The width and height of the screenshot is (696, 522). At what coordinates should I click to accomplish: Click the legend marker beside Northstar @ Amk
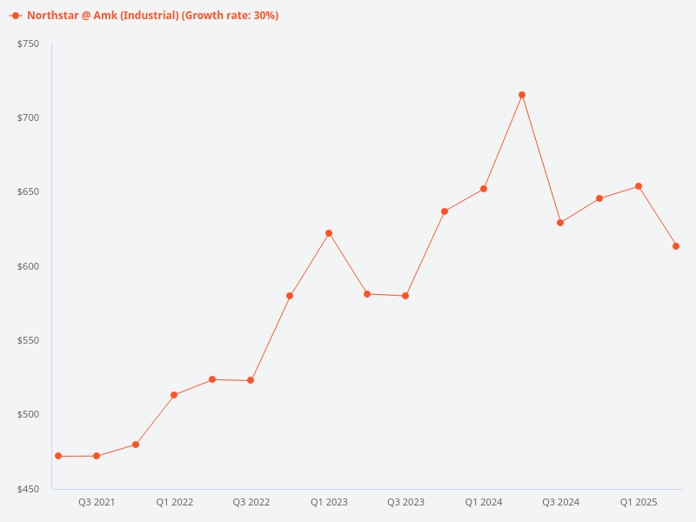(x=16, y=16)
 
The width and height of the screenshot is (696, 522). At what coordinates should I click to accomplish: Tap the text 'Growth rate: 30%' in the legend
(x=230, y=16)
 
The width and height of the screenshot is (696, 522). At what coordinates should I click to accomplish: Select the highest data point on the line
(x=522, y=95)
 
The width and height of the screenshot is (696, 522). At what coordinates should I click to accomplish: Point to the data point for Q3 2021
(x=97, y=456)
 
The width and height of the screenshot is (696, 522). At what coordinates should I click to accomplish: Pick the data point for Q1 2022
(x=174, y=395)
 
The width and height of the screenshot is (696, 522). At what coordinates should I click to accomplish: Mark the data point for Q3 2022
(x=251, y=380)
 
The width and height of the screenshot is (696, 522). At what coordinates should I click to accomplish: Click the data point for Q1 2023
(x=329, y=233)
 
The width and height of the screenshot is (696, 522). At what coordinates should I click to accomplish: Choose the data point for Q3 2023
(x=405, y=296)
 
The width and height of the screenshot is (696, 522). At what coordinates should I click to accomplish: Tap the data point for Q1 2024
(x=484, y=189)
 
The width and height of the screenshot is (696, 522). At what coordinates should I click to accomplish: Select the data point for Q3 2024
(x=560, y=223)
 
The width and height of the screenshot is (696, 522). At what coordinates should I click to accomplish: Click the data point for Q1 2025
(x=639, y=186)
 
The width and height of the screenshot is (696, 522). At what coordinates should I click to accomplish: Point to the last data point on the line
(x=676, y=246)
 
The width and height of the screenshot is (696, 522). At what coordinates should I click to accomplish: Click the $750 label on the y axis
(x=29, y=43)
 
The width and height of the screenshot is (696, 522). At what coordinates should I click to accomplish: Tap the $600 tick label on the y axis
(x=29, y=266)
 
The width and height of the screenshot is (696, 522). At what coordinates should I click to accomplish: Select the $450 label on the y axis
(x=29, y=489)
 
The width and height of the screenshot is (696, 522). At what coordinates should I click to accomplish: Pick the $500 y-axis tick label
(x=29, y=415)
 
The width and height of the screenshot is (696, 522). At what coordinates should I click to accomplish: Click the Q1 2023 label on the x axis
(x=329, y=502)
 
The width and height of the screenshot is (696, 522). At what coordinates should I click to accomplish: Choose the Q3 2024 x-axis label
(x=561, y=502)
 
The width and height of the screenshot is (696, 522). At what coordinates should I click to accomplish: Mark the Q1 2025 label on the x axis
(x=639, y=502)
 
